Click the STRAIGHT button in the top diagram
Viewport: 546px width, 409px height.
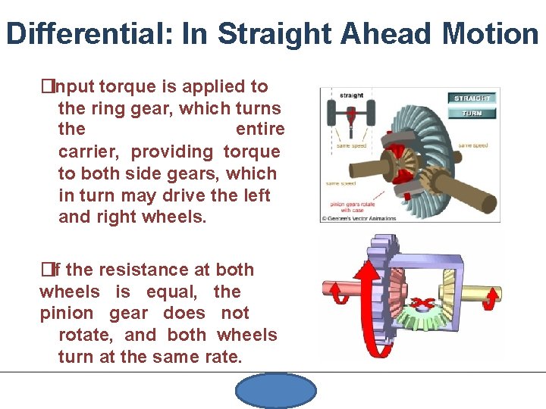point(472,98)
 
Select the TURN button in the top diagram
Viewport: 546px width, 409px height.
point(472,114)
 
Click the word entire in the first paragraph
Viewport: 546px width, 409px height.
point(260,130)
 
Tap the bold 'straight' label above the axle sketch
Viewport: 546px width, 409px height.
point(350,95)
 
